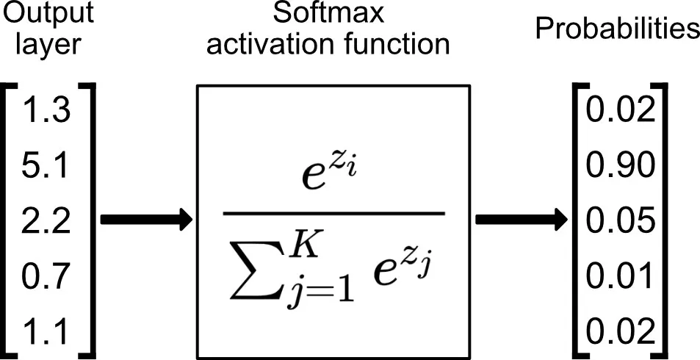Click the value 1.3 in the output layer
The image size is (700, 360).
[x=46, y=111]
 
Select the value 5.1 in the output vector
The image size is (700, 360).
[x=46, y=166]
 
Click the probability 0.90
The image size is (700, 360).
[x=621, y=166]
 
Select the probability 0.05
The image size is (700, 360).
[x=621, y=222]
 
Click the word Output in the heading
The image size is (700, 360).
[x=48, y=13]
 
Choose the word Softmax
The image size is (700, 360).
[x=328, y=13]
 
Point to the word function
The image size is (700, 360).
[x=393, y=44]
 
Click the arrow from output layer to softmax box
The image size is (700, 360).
[x=146, y=220]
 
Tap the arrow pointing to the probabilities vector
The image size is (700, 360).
[x=522, y=220]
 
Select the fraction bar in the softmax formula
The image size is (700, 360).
[x=334, y=214]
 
